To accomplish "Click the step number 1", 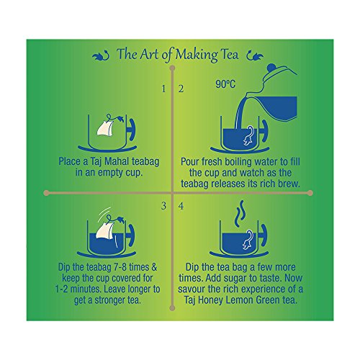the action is [x=163, y=89].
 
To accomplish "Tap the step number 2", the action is [x=181, y=89].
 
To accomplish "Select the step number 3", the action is [x=163, y=206].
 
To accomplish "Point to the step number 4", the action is [x=181, y=206].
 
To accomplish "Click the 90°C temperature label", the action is [x=225, y=84].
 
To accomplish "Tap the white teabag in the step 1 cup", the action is [x=105, y=127].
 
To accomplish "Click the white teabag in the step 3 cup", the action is [x=104, y=230].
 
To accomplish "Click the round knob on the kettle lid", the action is [x=271, y=67].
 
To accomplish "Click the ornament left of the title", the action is [x=101, y=55].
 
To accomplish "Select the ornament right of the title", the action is [x=255, y=55].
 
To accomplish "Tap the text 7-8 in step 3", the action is [x=119, y=267].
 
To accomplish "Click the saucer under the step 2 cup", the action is [x=240, y=150].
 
